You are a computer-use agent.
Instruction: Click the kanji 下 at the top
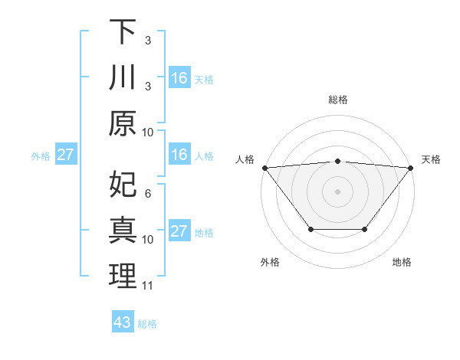(123, 32)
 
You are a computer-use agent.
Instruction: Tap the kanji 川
(123, 78)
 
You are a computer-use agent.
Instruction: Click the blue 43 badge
(123, 322)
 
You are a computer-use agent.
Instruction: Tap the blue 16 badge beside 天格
(179, 78)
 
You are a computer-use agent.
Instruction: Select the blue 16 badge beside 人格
(179, 155)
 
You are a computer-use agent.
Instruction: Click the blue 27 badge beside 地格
(179, 231)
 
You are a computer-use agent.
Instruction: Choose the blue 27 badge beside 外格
(66, 155)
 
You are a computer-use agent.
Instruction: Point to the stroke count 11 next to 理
(148, 286)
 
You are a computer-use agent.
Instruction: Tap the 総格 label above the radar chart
(338, 100)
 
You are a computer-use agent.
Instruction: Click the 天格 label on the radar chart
(432, 159)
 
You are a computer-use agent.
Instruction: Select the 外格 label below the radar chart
(270, 262)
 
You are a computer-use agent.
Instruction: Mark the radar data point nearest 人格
(264, 167)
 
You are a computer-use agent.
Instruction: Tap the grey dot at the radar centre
(338, 191)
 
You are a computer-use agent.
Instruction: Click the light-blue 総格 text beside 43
(148, 323)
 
